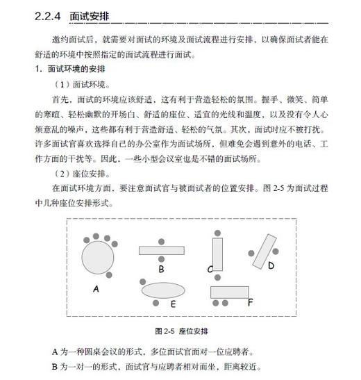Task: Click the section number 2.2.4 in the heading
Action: coord(47,16)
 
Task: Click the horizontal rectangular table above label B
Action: coord(160,250)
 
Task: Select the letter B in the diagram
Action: coord(160,268)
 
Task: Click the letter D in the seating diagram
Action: coord(271,265)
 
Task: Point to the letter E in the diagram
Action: coord(173,304)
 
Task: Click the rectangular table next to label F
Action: coord(228,292)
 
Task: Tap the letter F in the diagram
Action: coord(250,301)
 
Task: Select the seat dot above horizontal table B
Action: coord(160,238)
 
